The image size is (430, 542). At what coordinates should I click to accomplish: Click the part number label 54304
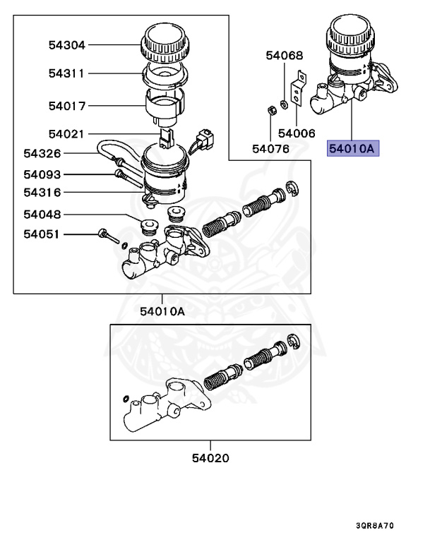[x=67, y=45]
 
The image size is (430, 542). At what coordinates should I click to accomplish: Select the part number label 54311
[x=67, y=73]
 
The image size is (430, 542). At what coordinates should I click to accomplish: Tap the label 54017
[x=67, y=107]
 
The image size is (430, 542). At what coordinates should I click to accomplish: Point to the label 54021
[x=67, y=133]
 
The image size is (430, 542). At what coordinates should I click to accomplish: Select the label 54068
[x=285, y=55]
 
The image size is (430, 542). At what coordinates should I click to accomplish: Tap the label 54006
[x=297, y=133]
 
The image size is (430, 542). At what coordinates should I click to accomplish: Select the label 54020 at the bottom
[x=210, y=458]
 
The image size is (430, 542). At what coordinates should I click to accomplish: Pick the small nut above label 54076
[x=271, y=110]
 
